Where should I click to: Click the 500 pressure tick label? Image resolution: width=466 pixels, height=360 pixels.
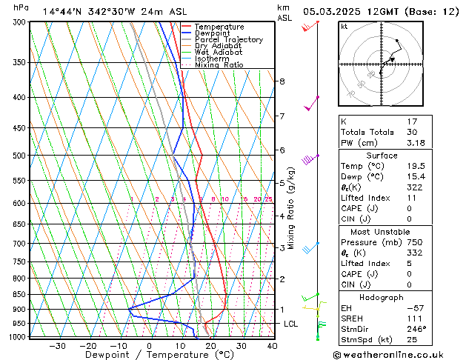[19, 156]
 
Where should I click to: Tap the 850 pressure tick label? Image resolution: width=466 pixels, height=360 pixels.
[19, 294]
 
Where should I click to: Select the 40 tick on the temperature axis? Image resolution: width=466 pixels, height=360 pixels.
[272, 345]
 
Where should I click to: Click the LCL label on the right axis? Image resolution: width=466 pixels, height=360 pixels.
[291, 324]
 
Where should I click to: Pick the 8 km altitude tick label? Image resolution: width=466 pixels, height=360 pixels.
[282, 81]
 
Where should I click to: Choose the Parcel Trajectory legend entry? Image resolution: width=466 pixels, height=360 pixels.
[229, 40]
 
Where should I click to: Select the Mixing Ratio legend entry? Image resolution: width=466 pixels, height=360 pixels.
[219, 65]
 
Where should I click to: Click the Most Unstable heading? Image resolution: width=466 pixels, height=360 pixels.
[382, 231]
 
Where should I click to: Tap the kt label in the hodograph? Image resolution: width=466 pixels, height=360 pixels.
[344, 27]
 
